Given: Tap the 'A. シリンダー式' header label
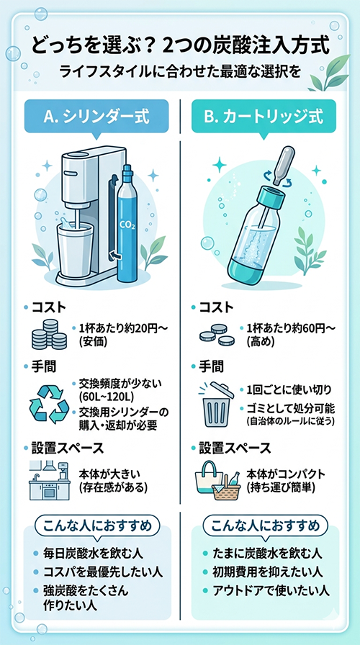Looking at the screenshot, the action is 96,117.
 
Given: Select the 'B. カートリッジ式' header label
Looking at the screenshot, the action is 264,117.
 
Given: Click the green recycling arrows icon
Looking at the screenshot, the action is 48,405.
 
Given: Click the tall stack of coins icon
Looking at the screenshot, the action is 48,334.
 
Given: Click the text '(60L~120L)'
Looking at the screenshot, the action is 103,397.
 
